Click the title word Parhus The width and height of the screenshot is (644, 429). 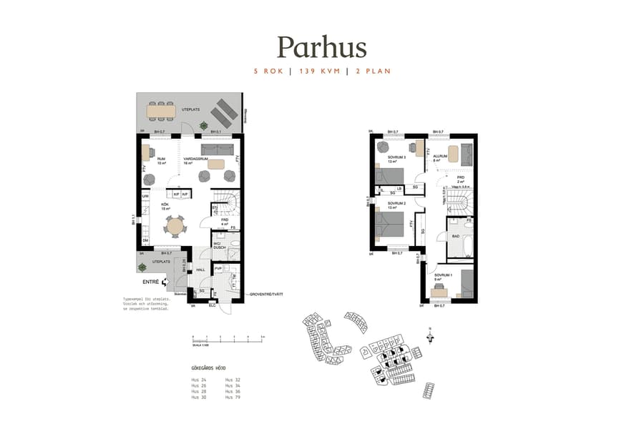tap(322, 47)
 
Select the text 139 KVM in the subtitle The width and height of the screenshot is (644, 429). tap(321, 71)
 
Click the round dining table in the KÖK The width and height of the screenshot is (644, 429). tap(175, 227)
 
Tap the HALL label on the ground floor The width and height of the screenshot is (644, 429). tap(201, 270)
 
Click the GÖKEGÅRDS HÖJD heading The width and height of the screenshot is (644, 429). tap(208, 369)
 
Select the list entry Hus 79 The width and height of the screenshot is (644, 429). tap(233, 397)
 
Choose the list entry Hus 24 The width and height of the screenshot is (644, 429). tap(199, 380)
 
